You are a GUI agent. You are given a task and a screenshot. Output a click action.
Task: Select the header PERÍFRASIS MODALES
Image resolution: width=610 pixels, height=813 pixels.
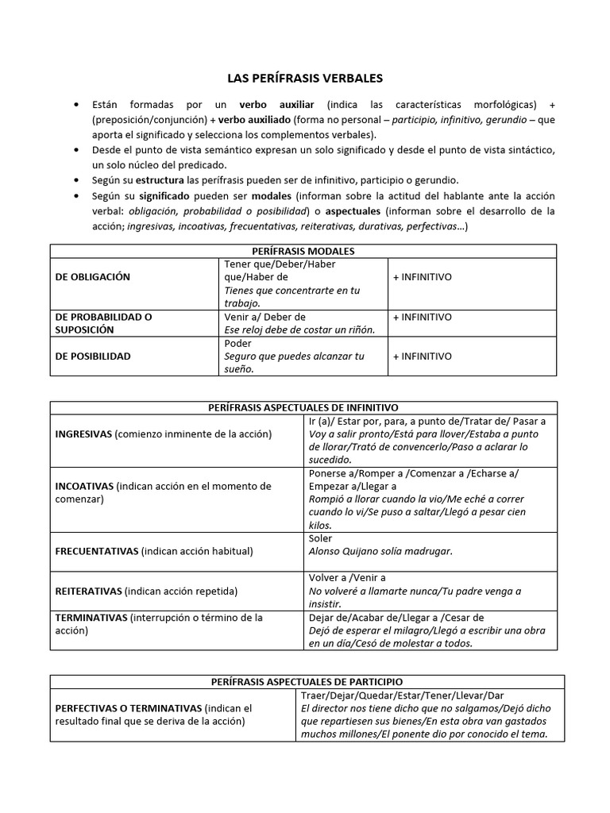pyautogui.click(x=303, y=251)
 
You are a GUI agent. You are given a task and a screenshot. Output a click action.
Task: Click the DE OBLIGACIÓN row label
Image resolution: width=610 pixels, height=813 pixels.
pyautogui.click(x=93, y=277)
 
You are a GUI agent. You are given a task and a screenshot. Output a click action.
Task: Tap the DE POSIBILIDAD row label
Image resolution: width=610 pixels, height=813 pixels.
pyautogui.click(x=93, y=356)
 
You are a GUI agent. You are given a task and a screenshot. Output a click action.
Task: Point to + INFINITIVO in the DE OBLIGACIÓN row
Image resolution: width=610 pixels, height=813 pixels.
pyautogui.click(x=422, y=277)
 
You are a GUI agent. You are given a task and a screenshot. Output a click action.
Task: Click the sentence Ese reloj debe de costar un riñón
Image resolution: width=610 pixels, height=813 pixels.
pyautogui.click(x=300, y=329)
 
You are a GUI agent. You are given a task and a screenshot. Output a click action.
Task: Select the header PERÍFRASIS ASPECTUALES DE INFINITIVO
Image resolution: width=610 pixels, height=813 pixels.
pyautogui.click(x=303, y=407)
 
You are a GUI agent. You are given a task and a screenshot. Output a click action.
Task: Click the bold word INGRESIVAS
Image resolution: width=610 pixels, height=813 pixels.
pyautogui.click(x=83, y=434)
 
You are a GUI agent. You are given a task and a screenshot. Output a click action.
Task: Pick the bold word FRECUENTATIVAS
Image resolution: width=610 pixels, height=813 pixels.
pyautogui.click(x=97, y=551)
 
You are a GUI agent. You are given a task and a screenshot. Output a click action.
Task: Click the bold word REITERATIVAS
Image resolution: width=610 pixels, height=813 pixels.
pyautogui.click(x=88, y=591)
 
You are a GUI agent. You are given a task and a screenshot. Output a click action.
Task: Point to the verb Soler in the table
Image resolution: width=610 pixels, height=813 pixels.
pyautogui.click(x=320, y=538)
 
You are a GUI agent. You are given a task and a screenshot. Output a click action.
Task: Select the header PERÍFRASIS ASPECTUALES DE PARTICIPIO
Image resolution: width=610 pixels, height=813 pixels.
pyautogui.click(x=307, y=681)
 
